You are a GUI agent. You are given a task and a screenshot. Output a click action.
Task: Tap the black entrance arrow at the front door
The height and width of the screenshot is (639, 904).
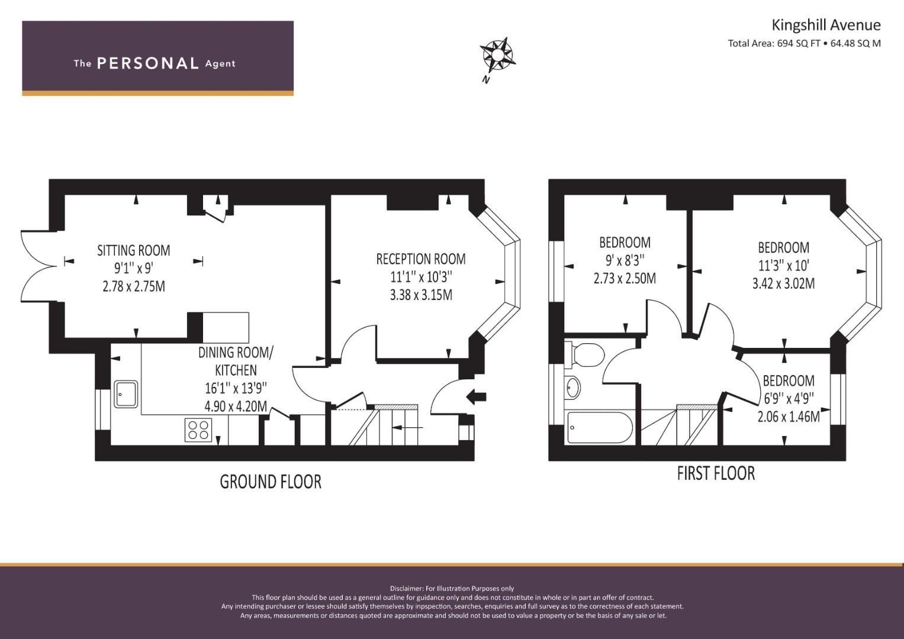pyautogui.click(x=476, y=396)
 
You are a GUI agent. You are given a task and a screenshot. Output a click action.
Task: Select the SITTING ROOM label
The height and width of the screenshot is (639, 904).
pyautogui.click(x=134, y=250)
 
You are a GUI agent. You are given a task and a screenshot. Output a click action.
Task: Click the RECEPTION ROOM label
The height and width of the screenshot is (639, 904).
pyautogui.click(x=421, y=259)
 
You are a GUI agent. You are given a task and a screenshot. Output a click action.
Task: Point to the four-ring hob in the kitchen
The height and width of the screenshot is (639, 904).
pyautogui.click(x=198, y=430)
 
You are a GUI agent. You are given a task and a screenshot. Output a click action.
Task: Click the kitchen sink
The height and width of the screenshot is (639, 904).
pyautogui.click(x=126, y=394)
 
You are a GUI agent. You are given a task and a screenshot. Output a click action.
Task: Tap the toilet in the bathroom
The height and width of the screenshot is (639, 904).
pyautogui.click(x=584, y=355)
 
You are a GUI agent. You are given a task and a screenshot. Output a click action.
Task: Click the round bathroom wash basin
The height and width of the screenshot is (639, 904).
pyautogui.click(x=572, y=388)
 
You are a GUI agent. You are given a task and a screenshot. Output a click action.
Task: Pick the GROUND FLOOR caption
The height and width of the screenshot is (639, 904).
pyautogui.click(x=271, y=482)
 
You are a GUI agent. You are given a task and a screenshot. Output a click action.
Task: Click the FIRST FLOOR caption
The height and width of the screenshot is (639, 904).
pyautogui.click(x=716, y=473)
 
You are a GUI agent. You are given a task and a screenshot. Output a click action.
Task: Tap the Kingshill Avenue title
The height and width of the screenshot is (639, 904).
pyautogui.click(x=826, y=25)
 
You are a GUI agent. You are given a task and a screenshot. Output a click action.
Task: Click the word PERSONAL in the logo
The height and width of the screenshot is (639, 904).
pyautogui.click(x=148, y=63)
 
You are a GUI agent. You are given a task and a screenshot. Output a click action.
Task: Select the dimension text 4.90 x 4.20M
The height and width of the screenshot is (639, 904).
pyautogui.click(x=236, y=406)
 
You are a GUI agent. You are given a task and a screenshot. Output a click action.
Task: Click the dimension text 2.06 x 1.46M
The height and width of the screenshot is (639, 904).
pyautogui.click(x=789, y=417)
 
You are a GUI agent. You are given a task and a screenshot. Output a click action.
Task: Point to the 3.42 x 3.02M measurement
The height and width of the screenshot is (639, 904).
pyautogui.click(x=783, y=283)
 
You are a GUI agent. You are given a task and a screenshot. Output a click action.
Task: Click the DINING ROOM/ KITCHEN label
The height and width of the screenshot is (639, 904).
pyautogui.click(x=236, y=362)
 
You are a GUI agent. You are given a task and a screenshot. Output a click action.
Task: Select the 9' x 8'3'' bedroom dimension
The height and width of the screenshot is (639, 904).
pyautogui.click(x=625, y=260)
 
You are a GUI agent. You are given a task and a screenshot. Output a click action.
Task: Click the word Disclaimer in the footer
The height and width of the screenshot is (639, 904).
pyautogui.click(x=407, y=589)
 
